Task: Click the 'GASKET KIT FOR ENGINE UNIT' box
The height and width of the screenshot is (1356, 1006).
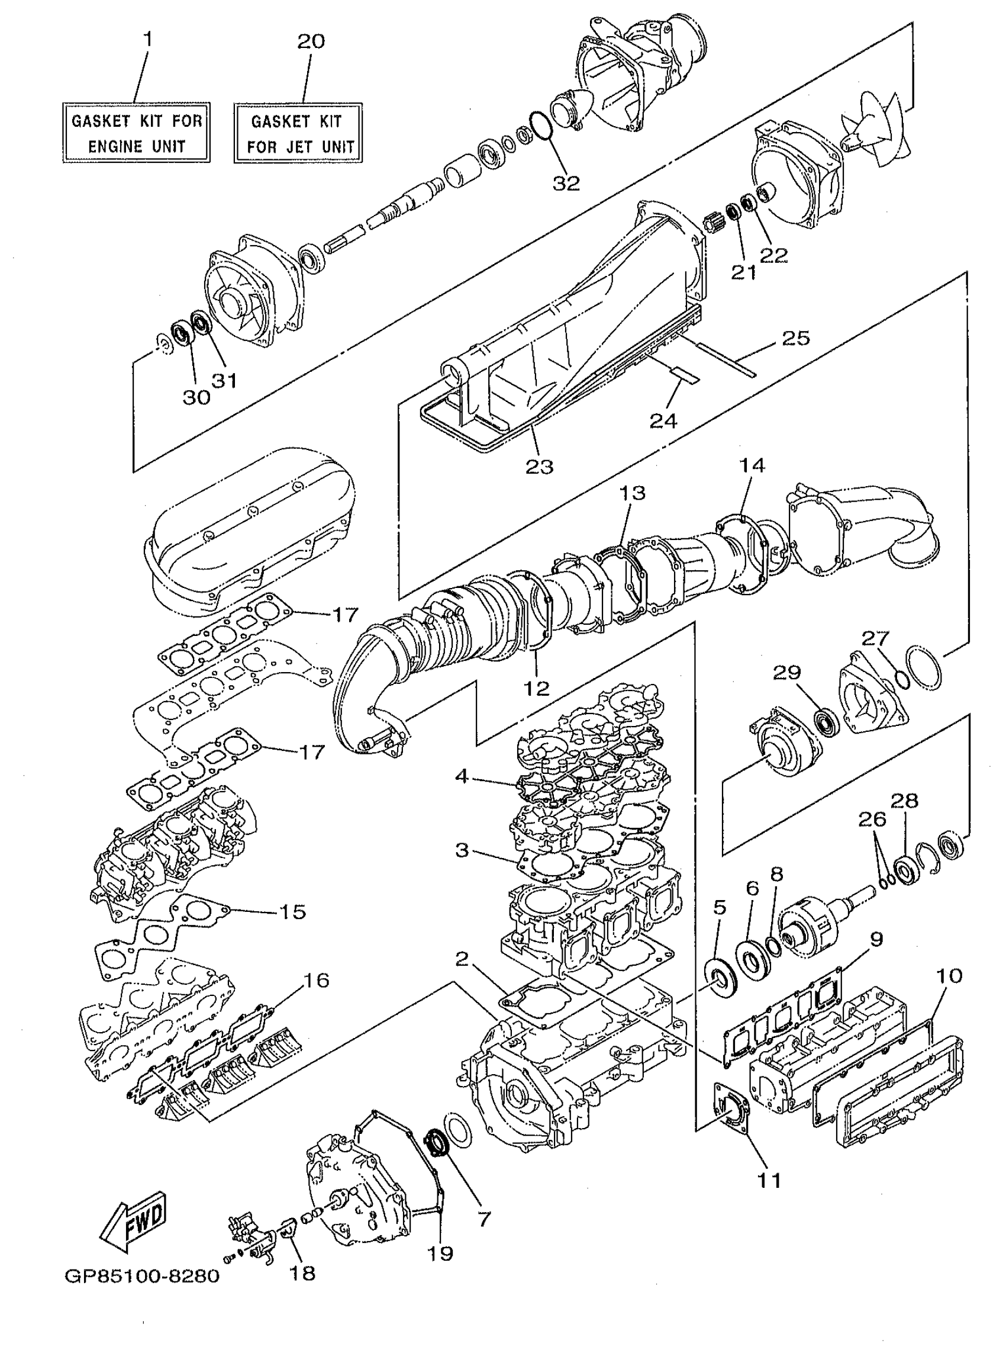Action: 137,133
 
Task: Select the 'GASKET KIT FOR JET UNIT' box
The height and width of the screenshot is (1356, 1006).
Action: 298,133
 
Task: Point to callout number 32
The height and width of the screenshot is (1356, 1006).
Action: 566,183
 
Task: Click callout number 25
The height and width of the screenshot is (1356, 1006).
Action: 796,338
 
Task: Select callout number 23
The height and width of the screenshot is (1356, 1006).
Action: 540,467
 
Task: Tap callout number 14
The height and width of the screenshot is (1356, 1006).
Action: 752,465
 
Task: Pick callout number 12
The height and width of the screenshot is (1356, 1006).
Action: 537,688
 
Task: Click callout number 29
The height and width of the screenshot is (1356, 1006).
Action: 787,673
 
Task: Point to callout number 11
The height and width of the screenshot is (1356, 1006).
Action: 769,1180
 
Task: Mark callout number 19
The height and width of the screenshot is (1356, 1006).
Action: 440,1253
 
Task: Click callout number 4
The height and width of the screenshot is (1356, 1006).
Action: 462,777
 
